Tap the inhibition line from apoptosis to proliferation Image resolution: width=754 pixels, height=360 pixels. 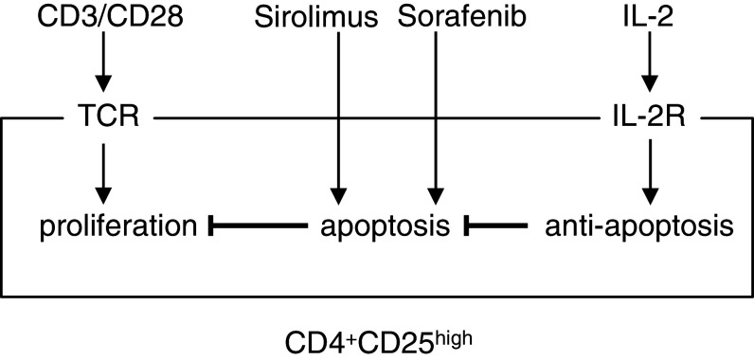point(255,226)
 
